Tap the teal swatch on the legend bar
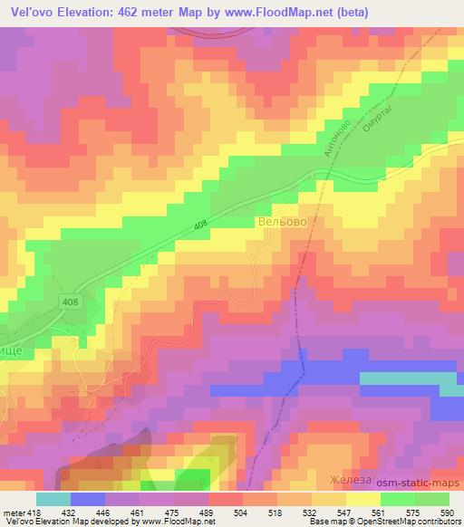point(53,499)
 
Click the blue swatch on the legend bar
point(86,499)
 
